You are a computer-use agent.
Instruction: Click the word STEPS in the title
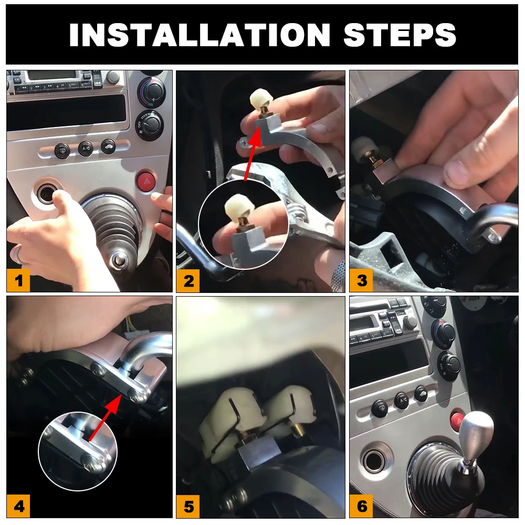(x=400, y=35)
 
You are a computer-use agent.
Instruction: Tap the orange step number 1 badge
(x=18, y=281)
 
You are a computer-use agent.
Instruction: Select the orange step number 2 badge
(x=188, y=281)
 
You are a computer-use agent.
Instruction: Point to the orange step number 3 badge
(x=362, y=280)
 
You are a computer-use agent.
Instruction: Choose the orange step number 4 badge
(x=18, y=506)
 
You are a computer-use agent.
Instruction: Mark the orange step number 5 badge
(x=188, y=507)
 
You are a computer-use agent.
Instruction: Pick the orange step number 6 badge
(x=362, y=506)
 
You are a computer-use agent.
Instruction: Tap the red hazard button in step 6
(x=457, y=419)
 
